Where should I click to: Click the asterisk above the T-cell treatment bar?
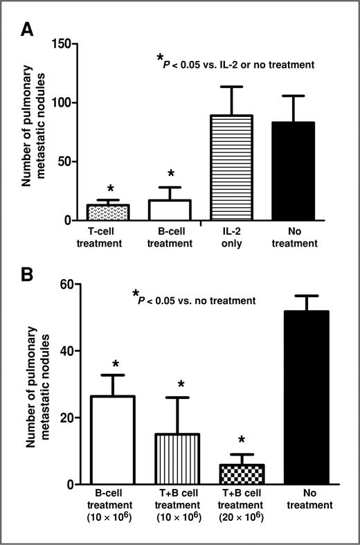point(110,189)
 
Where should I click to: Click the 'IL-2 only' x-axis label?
point(231,238)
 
